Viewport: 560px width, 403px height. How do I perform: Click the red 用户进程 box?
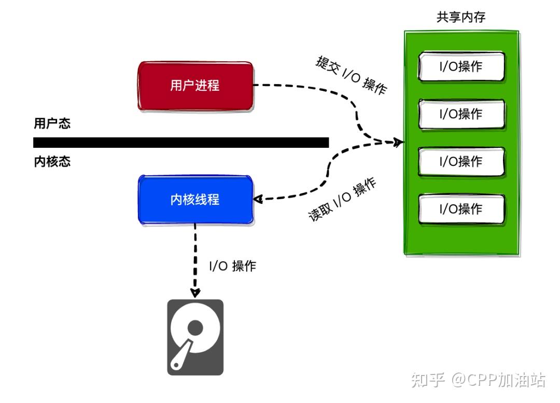coord(195,86)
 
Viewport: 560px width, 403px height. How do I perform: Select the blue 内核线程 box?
coord(195,200)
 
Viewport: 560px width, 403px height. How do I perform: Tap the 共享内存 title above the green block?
coord(461,18)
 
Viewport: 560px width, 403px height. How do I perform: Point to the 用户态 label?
coord(52,124)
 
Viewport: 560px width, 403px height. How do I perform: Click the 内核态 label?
coord(52,162)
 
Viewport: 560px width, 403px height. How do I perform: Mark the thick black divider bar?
coord(181,143)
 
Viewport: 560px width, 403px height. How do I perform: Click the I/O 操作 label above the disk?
coord(232,267)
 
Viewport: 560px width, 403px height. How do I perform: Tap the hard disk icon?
coord(195,337)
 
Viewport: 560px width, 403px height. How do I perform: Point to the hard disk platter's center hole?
coord(195,327)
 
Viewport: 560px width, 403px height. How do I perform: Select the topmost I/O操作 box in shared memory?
coord(461,66)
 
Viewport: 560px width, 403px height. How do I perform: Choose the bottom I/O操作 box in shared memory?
coord(461,209)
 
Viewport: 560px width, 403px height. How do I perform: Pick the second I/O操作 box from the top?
coord(461,114)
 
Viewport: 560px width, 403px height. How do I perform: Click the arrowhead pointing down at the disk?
coord(195,293)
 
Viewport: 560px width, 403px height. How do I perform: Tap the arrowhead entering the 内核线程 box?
coord(258,199)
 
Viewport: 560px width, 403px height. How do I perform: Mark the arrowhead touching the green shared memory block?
coord(399,142)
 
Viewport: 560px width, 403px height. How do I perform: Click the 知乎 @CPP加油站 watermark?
coord(478,380)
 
